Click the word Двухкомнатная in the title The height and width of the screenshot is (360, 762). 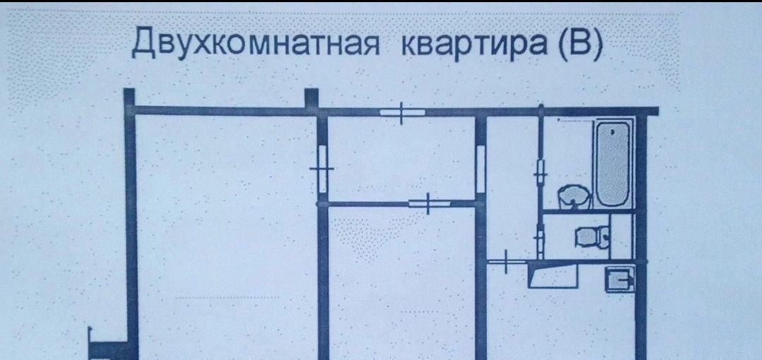point(256,43)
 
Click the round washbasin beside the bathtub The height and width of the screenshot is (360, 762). point(574,196)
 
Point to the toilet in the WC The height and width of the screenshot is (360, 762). point(588,236)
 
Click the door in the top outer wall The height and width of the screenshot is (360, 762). point(401,112)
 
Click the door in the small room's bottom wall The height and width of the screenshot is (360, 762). point(429,203)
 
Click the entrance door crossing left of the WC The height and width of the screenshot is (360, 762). point(507,261)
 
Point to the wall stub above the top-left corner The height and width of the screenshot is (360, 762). point(128,97)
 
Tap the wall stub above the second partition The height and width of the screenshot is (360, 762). point(311,98)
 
